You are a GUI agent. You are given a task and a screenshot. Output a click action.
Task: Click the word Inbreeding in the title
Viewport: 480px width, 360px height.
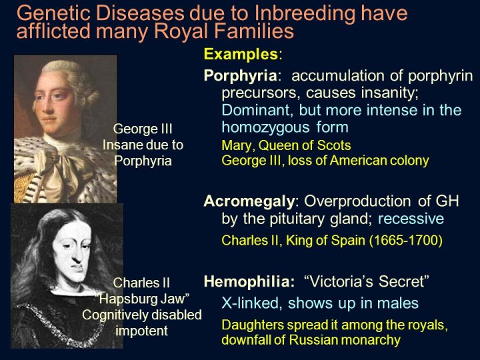click(304, 14)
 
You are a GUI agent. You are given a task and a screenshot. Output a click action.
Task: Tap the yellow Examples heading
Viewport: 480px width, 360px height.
click(241, 55)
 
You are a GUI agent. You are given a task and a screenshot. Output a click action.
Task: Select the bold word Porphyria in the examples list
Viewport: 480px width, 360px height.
click(240, 76)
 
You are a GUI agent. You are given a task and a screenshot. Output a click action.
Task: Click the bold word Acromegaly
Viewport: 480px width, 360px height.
click(249, 202)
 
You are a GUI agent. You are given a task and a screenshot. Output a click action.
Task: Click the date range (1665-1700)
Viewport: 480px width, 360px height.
click(405, 241)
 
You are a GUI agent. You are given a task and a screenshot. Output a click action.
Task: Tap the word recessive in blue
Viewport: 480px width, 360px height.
click(411, 219)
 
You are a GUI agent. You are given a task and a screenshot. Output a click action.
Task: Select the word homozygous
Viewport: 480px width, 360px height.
click(265, 127)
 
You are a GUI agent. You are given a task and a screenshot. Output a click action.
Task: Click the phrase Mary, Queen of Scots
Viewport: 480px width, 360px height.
click(286, 145)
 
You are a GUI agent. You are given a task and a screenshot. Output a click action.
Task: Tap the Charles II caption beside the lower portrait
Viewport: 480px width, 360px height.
click(141, 283)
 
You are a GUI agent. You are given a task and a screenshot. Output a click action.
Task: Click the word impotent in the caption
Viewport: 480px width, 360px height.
click(141, 331)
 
